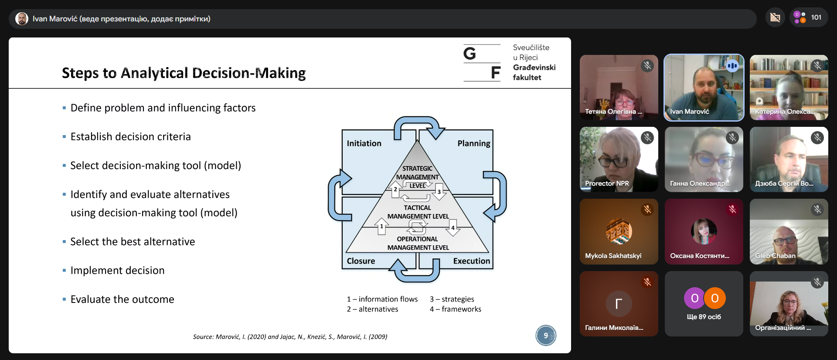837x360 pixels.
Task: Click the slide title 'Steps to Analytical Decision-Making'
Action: [x=184, y=73]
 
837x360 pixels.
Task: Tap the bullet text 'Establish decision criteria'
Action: [x=130, y=137]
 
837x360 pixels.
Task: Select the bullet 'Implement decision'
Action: [x=117, y=271]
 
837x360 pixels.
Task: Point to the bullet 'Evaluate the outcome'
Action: [x=122, y=299]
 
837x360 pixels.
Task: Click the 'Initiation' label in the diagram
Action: [x=364, y=143]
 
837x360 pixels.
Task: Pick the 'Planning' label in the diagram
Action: [x=474, y=143]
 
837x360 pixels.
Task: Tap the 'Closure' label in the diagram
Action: [x=361, y=261]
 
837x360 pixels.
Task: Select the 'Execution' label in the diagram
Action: [x=472, y=261]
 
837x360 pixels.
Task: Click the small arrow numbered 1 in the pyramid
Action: [x=381, y=226]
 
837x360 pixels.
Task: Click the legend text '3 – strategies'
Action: [x=452, y=299]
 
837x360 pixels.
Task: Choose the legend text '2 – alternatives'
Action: [x=372, y=309]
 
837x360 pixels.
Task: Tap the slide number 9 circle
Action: [x=546, y=336]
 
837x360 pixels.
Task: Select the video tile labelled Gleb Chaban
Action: [x=789, y=232]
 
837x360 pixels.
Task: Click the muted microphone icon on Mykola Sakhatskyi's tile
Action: [x=647, y=210]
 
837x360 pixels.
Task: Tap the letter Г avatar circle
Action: [x=619, y=303]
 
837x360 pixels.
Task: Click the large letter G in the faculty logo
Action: [x=470, y=54]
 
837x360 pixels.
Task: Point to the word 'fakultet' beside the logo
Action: [x=527, y=78]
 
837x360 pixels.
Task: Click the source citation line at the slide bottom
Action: [x=290, y=336]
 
